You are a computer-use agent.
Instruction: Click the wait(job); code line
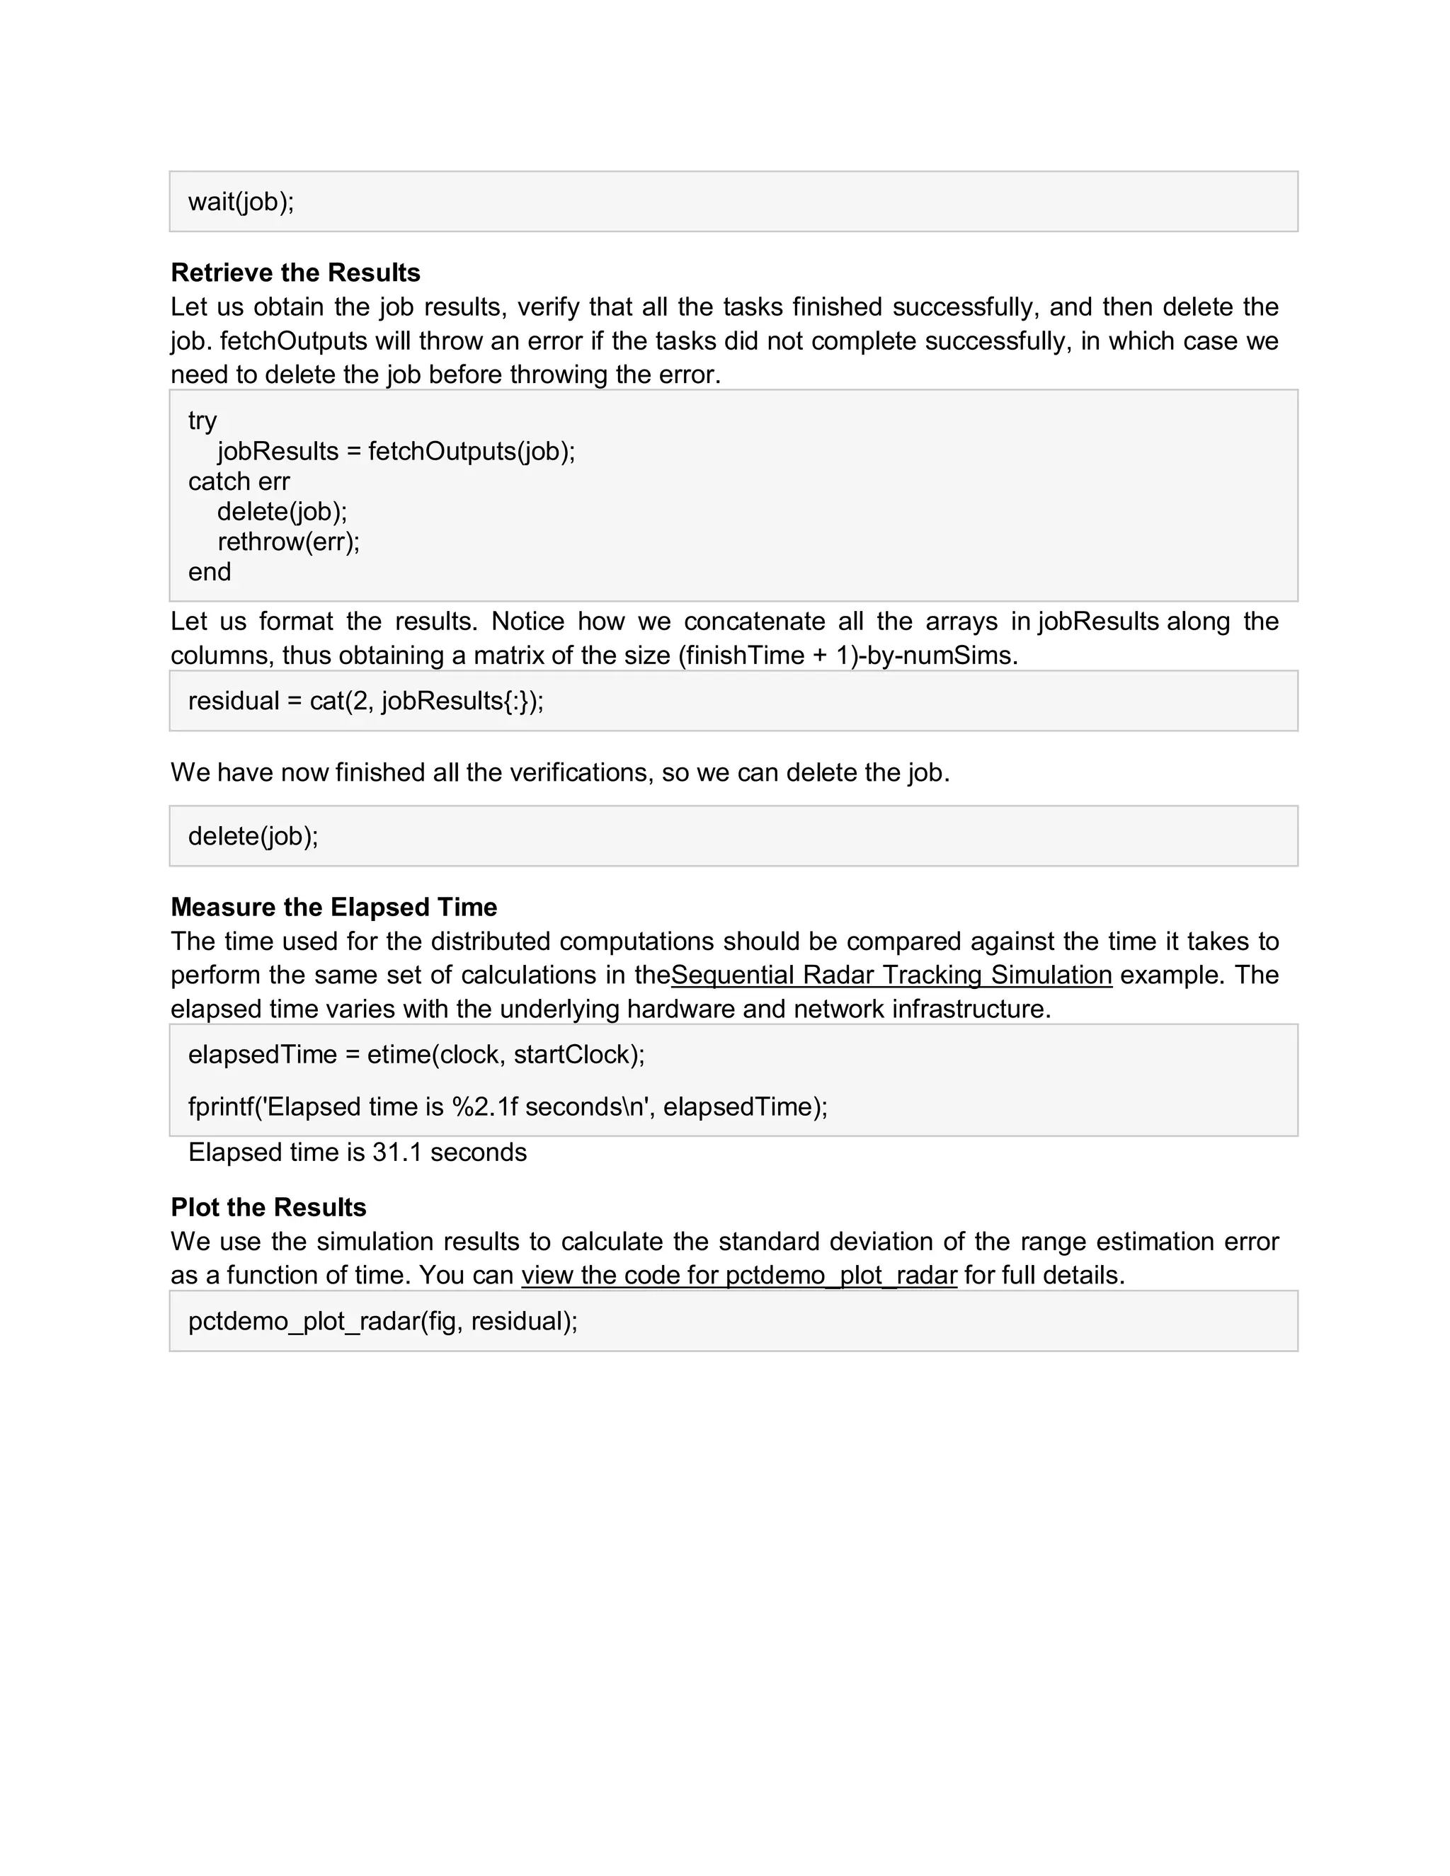[x=241, y=202]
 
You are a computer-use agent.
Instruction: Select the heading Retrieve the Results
[x=295, y=273]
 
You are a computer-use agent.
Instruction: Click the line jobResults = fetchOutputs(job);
[x=395, y=451]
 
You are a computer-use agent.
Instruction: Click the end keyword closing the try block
[x=209, y=572]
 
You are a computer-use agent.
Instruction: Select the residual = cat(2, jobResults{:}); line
[x=365, y=701]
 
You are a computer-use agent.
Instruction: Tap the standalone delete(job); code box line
[x=253, y=836]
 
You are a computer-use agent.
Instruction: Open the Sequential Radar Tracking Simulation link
[x=891, y=975]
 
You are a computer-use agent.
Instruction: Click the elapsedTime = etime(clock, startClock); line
[x=416, y=1054]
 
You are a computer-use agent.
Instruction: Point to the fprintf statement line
[x=507, y=1106]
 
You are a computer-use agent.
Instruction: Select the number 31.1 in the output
[x=397, y=1152]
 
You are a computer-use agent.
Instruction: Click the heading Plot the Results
[x=268, y=1207]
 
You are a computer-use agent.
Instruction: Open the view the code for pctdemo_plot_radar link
[x=738, y=1275]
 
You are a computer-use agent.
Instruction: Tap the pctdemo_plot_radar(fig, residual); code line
[x=382, y=1321]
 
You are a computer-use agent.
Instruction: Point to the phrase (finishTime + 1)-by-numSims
[x=847, y=656]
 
